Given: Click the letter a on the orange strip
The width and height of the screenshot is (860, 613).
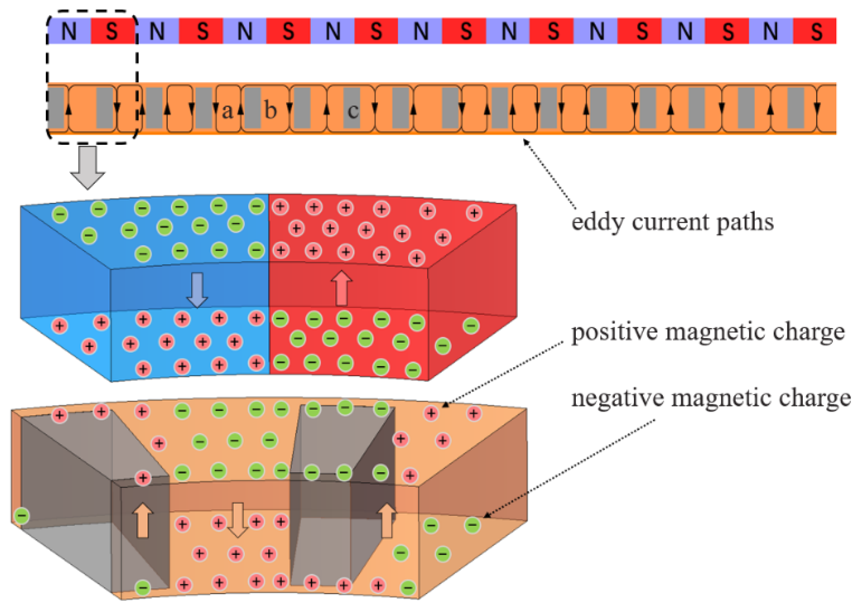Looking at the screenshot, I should pyautogui.click(x=227, y=111).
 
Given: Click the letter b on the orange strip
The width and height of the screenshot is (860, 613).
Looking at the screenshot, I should pyautogui.click(x=270, y=110).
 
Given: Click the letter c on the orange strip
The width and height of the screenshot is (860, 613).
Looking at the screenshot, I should pyautogui.click(x=353, y=111).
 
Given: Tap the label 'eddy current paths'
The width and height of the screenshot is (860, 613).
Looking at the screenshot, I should pyautogui.click(x=672, y=222).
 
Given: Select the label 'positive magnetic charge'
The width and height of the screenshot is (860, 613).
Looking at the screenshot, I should pyautogui.click(x=707, y=332).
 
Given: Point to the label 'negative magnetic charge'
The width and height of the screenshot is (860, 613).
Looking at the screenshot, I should pyautogui.click(x=711, y=398).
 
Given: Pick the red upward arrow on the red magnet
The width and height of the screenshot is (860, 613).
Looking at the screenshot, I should pyautogui.click(x=341, y=288).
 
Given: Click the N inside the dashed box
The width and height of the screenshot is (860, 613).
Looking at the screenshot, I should pyautogui.click(x=69, y=31).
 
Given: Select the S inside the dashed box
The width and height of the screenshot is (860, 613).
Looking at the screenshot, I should pyautogui.click(x=112, y=31).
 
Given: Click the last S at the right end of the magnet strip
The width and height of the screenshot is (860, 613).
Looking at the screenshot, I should pyautogui.click(x=816, y=31).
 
